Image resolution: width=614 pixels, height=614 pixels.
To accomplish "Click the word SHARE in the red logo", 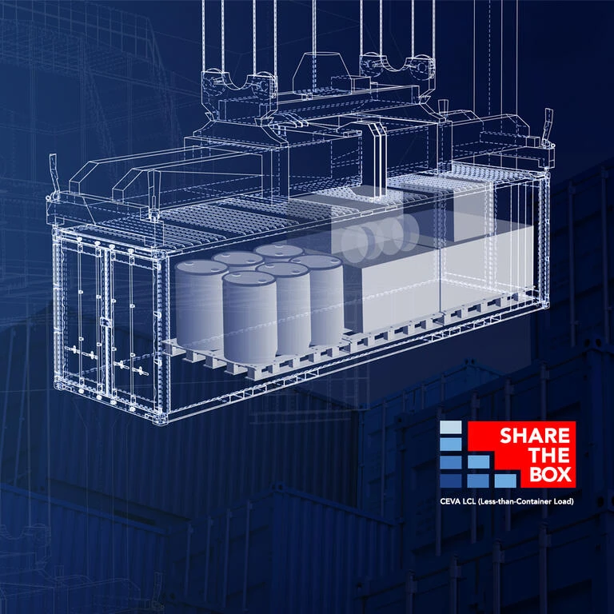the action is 535,436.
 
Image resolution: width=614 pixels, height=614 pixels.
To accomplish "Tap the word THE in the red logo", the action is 548,455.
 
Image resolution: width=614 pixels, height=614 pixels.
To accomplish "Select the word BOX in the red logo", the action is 550,474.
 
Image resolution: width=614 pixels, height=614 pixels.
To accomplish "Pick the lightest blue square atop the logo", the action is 451,427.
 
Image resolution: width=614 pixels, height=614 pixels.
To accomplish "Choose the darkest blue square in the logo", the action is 451,480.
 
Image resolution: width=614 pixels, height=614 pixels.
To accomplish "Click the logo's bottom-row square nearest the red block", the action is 505,480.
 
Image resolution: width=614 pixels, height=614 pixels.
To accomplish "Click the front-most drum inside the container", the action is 249,317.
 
